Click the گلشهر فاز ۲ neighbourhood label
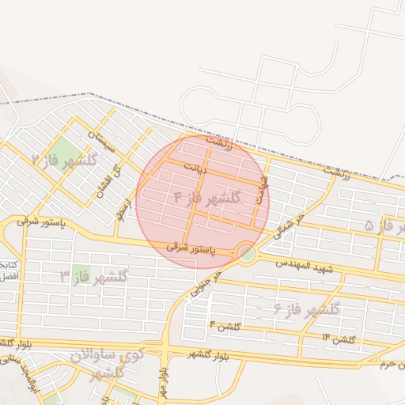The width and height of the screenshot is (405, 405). click(x=63, y=161)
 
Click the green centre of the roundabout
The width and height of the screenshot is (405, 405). click(x=247, y=253)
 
